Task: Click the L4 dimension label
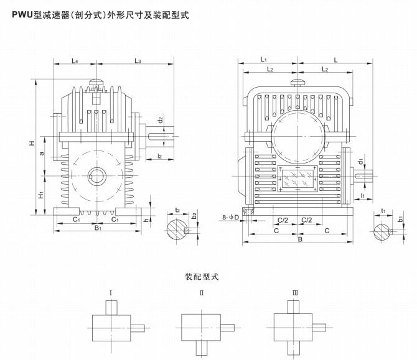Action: tap(74, 60)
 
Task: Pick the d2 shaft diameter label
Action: tap(160, 119)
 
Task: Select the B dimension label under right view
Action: tap(300, 238)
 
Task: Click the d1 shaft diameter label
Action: tap(361, 162)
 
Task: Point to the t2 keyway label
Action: tap(178, 211)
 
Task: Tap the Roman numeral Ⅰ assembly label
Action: tap(111, 292)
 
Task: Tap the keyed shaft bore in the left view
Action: tap(96, 175)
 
